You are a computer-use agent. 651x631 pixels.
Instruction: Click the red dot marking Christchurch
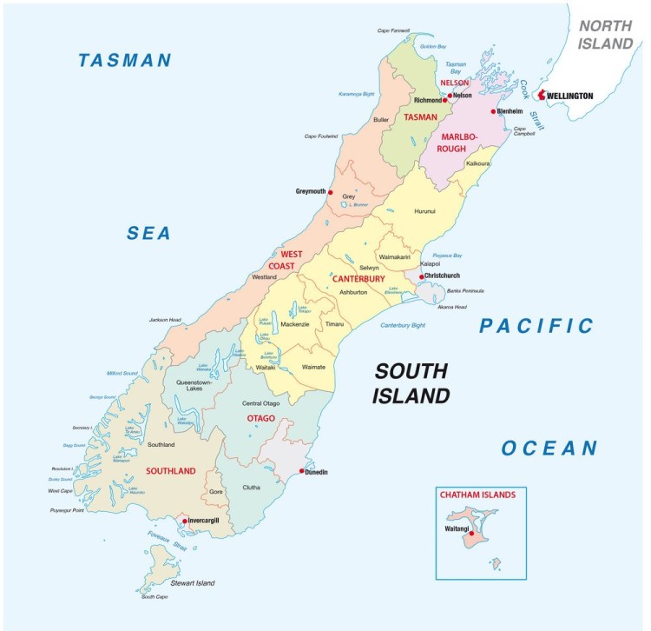(421, 277)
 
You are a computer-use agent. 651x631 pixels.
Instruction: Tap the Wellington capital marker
(542, 95)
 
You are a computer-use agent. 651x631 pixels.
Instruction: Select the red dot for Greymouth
(331, 191)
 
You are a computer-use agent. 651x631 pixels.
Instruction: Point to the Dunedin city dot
(301, 472)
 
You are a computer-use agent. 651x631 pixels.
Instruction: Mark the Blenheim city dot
(493, 111)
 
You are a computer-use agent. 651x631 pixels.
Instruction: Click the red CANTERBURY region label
(359, 279)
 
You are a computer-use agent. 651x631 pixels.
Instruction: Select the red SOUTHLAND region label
(171, 471)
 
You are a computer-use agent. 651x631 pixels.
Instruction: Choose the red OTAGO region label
(260, 419)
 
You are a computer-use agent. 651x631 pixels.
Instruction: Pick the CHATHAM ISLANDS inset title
(477, 495)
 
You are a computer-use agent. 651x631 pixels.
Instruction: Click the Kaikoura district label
(478, 163)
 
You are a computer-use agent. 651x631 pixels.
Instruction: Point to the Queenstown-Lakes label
(201, 386)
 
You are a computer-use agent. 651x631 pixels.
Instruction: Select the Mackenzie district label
(295, 324)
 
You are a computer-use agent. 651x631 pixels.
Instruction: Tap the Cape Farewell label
(393, 30)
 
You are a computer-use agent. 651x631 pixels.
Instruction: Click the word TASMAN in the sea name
(125, 60)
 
